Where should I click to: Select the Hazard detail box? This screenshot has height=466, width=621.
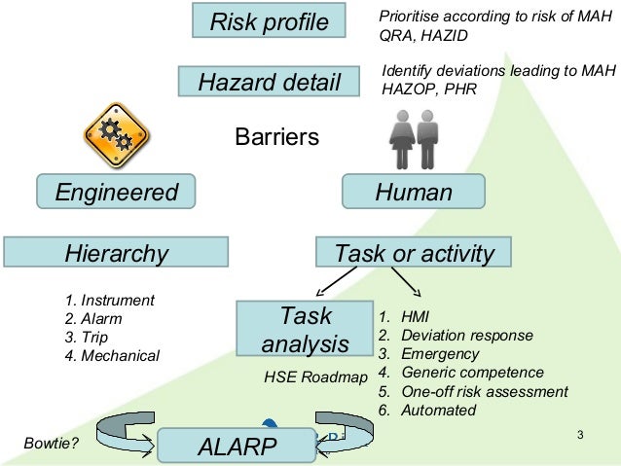[270, 82]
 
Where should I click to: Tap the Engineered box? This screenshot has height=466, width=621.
[116, 192]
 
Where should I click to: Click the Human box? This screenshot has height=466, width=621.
[414, 192]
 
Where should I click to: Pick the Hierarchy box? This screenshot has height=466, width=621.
[116, 254]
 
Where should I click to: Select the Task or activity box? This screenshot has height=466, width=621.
[414, 254]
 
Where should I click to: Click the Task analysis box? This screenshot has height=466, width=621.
[305, 331]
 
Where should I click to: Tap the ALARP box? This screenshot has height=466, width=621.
[237, 447]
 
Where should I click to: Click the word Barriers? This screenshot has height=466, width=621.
[277, 137]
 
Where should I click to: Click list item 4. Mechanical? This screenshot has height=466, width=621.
[111, 355]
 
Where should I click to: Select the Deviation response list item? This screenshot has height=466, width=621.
[456, 336]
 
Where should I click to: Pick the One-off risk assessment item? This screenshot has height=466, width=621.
[473, 392]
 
